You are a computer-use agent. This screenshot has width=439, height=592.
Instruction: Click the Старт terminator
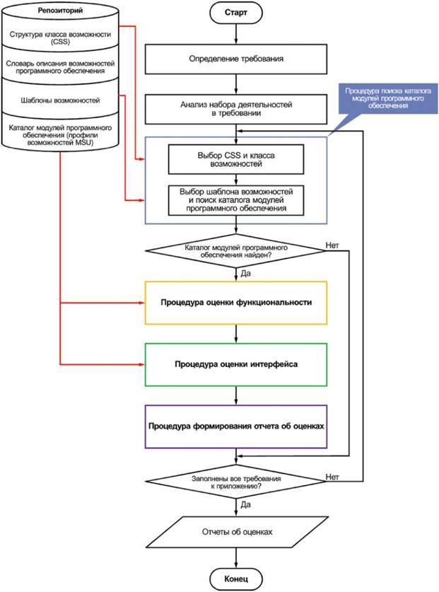point(236,13)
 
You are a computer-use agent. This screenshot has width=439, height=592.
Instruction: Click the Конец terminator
point(236,579)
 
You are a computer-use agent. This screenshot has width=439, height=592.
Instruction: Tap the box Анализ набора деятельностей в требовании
point(236,108)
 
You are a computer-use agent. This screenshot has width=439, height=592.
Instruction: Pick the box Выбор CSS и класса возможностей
point(236,159)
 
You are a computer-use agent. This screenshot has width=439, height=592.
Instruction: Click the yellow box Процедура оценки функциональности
point(236,303)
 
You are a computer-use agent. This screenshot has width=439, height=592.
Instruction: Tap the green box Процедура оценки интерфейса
point(236,364)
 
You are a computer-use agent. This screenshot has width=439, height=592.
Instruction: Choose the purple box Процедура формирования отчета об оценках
point(236,426)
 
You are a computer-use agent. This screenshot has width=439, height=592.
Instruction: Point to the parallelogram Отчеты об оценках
point(236,530)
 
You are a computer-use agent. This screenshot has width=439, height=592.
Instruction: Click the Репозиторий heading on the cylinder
point(60,12)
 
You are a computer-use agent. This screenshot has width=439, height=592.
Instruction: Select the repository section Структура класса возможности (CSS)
point(60,38)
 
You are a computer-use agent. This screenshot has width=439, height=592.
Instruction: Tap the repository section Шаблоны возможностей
point(60,100)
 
